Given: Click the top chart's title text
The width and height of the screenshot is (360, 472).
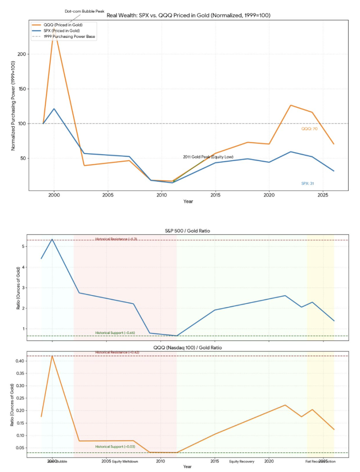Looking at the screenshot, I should [188, 15].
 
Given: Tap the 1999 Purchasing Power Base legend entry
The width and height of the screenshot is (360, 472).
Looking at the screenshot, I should [70, 37].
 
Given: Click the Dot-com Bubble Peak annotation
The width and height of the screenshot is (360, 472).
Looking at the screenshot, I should [84, 11].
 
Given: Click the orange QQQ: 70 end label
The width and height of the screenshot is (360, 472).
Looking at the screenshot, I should [309, 128].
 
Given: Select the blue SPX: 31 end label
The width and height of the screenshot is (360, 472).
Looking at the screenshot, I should [307, 183].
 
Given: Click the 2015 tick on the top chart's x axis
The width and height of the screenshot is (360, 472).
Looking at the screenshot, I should [215, 195].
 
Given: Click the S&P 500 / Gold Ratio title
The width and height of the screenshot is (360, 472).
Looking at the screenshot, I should [187, 231].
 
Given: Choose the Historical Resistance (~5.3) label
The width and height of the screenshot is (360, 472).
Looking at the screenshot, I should [116, 239].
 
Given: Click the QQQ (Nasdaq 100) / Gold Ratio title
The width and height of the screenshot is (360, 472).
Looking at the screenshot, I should [187, 348].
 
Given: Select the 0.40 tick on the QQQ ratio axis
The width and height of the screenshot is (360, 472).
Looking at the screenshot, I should [21, 361].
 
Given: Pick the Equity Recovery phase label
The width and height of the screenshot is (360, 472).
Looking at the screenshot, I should [242, 461].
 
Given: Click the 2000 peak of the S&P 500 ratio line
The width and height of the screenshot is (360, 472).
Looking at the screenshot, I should [52, 239].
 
